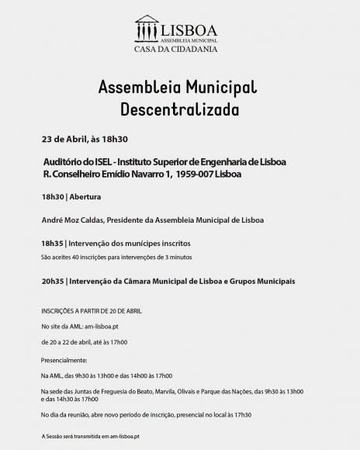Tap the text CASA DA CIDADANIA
(180, 49)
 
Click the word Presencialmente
(64, 360)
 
